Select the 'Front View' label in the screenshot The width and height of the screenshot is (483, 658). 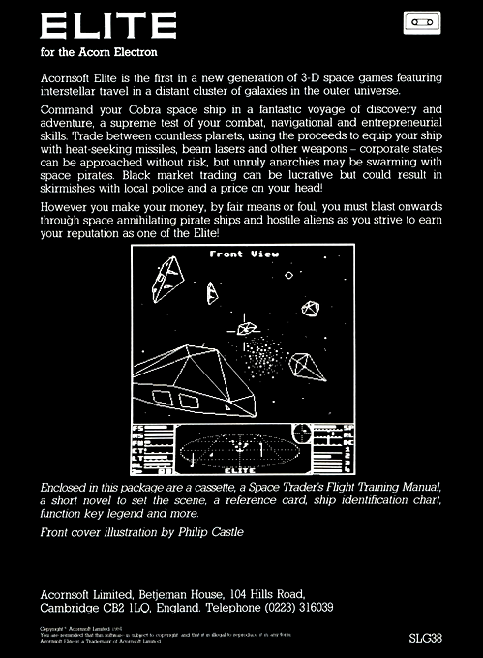(244, 254)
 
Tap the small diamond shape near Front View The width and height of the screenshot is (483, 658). (287, 276)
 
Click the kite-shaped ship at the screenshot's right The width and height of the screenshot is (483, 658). (310, 368)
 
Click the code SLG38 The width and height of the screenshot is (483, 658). (427, 640)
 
